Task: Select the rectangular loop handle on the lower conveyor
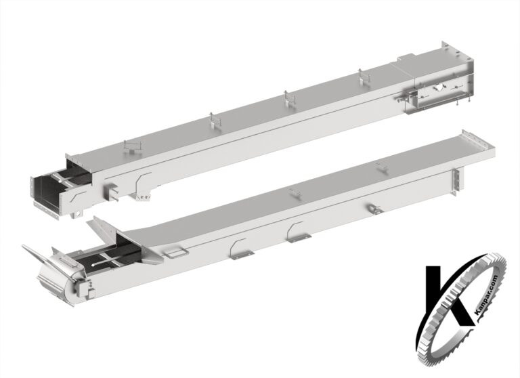(177, 253)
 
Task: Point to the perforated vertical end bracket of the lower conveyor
(457, 182)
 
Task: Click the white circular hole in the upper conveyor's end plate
(439, 87)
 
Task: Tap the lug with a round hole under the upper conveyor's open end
(77, 214)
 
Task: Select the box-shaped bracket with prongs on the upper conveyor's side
(112, 192)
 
